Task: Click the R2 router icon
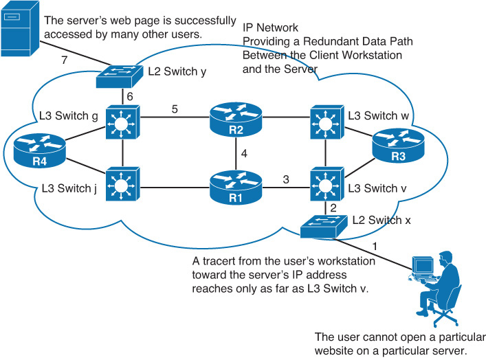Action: (236, 120)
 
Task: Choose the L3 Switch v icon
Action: (325, 182)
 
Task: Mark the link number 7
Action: (65, 61)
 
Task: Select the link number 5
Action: (175, 108)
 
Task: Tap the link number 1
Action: (375, 245)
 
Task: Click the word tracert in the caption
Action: (221, 262)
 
